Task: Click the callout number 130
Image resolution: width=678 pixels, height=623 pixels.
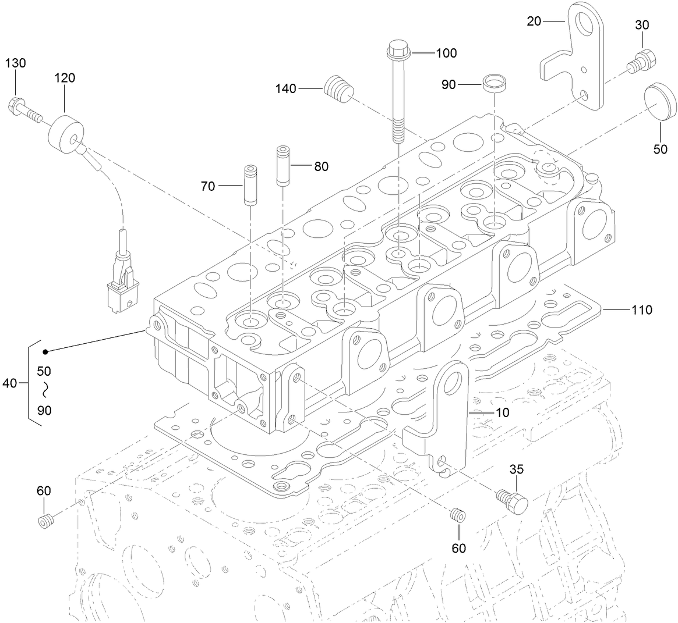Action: pyautogui.click(x=16, y=63)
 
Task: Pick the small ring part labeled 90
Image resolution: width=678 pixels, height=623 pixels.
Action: pyautogui.click(x=494, y=83)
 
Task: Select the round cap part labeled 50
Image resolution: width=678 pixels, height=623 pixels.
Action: pyautogui.click(x=659, y=102)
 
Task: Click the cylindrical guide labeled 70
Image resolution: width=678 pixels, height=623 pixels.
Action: pyautogui.click(x=249, y=186)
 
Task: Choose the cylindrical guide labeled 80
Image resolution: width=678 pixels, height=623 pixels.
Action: pyautogui.click(x=282, y=166)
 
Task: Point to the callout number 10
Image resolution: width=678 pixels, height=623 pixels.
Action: pyautogui.click(x=502, y=412)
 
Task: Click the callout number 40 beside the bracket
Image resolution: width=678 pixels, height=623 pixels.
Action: pyautogui.click(x=10, y=383)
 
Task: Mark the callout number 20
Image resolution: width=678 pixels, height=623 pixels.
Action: pyautogui.click(x=534, y=22)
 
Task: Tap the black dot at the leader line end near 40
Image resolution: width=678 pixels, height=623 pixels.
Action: pyautogui.click(x=45, y=351)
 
